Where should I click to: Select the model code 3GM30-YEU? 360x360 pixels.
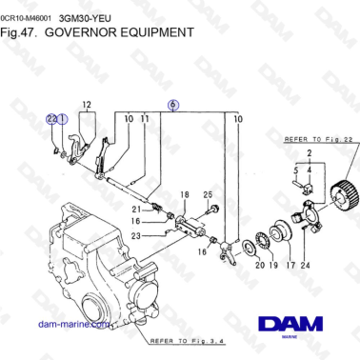coord(84,16)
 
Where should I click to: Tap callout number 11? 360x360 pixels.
coord(145,118)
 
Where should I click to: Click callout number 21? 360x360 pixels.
coord(136,208)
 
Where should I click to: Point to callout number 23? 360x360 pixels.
coord(136,235)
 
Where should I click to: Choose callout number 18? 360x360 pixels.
coord(185,194)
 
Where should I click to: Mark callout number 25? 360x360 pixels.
coord(208,194)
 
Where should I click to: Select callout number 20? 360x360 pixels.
coord(258,268)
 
